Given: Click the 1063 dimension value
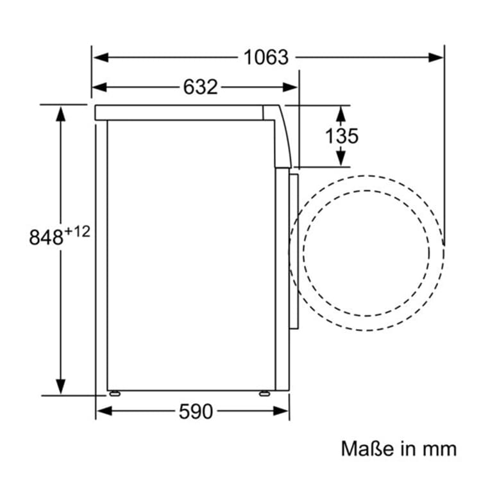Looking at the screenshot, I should click(266, 57).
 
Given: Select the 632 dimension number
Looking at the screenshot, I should click(201, 87).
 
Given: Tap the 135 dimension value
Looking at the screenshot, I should click(341, 136).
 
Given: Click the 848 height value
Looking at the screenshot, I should click(46, 237).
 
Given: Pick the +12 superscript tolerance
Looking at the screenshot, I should click(77, 232).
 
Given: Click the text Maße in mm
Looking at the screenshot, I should click(398, 448).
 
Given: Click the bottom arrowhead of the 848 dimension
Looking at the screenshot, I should click(61, 386).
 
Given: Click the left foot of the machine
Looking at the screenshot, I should click(114, 393).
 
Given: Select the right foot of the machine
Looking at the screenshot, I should click(264, 393).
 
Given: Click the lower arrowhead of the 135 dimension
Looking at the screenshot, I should click(341, 158).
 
